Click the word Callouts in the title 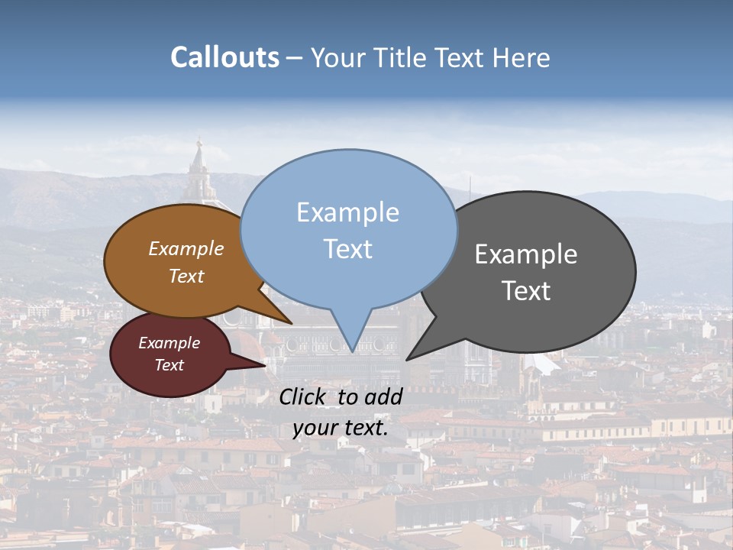[224, 58]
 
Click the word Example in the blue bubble [347, 212]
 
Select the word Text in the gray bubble [526, 291]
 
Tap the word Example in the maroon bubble [169, 343]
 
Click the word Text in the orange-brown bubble [186, 276]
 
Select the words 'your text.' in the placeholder [341, 428]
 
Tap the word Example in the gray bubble [526, 254]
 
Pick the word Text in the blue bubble [347, 249]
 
